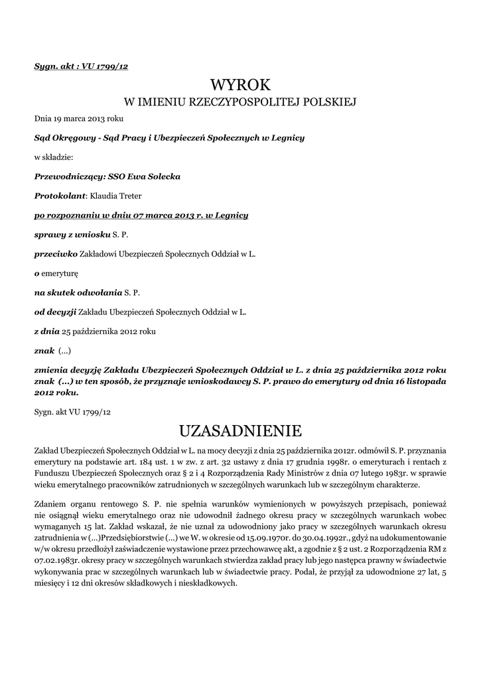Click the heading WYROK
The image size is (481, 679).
[x=241, y=85]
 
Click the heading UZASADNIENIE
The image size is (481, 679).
[x=241, y=431]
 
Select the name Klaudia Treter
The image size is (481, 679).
[x=115, y=196]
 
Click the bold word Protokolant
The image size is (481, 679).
[x=60, y=196]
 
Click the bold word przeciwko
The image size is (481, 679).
[x=56, y=254]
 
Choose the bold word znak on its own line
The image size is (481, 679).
[x=44, y=350]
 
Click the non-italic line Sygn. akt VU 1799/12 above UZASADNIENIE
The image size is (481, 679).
[x=73, y=412]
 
